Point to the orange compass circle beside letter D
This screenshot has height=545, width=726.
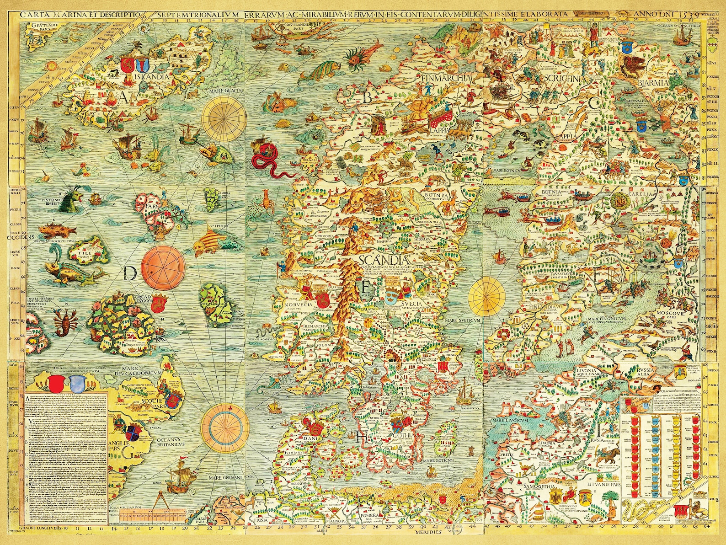[163, 265]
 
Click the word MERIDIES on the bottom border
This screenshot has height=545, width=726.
[428, 533]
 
